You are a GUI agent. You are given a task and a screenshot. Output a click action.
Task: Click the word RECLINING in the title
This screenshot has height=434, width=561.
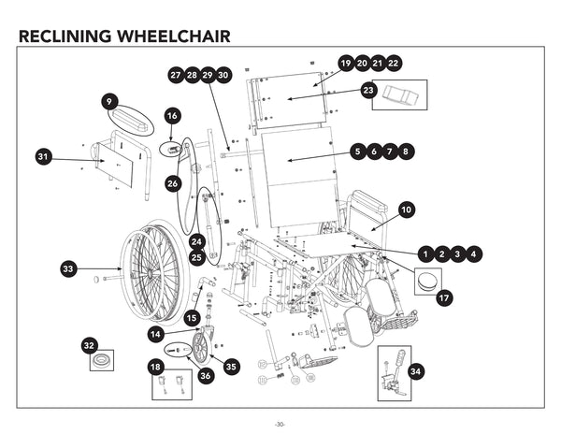coord(65,36)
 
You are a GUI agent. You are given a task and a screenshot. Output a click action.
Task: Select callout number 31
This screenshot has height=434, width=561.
coord(43,157)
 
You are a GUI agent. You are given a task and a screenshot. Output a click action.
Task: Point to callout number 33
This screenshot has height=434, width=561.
coord(68,269)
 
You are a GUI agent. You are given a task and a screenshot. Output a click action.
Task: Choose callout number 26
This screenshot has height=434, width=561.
coord(173,184)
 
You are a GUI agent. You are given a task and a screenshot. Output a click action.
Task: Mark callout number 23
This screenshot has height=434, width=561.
coord(368,91)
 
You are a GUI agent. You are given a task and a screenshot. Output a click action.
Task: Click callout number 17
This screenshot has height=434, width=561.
coord(444,297)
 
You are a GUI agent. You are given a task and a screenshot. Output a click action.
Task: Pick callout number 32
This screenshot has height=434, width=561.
coord(90,344)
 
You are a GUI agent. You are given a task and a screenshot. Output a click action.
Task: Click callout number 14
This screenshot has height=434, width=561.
coord(155,333)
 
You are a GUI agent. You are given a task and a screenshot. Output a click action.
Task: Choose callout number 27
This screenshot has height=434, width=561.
coord(176,74)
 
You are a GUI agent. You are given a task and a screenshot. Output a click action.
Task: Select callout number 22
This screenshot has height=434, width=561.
coord(394,63)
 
